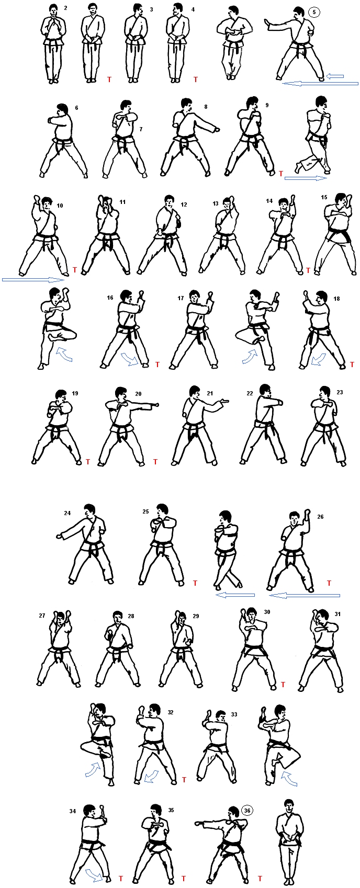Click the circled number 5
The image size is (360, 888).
(314, 12)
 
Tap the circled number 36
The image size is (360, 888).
(247, 799)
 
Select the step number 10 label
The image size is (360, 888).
(60, 206)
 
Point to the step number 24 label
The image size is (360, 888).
(67, 513)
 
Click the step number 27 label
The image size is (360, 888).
(42, 616)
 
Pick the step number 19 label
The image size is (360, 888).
(75, 393)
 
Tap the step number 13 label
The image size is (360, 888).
(215, 203)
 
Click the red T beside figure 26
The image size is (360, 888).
(329, 583)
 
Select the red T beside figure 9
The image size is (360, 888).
(281, 174)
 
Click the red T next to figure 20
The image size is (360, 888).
(155, 462)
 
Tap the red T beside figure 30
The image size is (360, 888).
(283, 684)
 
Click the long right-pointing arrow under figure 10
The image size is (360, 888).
(33, 280)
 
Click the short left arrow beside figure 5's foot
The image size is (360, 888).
(335, 76)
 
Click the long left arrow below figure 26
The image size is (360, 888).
(304, 595)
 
